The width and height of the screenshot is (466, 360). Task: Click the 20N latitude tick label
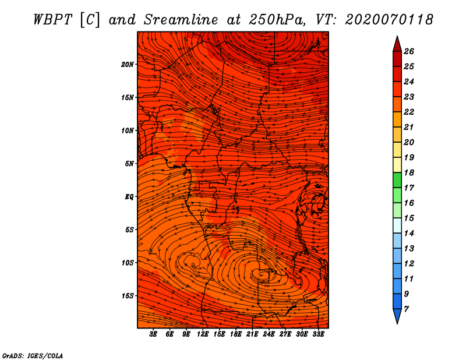[128, 65]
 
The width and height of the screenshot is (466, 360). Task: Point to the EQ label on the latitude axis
[129, 197]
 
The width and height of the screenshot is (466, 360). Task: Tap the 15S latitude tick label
[128, 296]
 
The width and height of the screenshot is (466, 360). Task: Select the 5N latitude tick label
[129, 164]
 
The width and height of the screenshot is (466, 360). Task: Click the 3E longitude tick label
[153, 334]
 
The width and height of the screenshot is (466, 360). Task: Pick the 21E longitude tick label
[252, 334]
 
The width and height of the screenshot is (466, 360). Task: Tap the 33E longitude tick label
[318, 334]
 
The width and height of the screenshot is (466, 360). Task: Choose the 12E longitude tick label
[202, 334]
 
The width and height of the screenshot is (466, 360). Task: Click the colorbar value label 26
[409, 51]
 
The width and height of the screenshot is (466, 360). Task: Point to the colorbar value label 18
[409, 172]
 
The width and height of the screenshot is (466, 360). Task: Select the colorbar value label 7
[406, 309]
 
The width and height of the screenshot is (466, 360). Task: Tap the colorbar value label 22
[409, 112]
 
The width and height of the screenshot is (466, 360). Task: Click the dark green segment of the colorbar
[397, 180]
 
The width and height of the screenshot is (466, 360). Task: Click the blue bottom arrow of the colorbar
[397, 315]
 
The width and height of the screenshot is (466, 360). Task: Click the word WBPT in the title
[52, 20]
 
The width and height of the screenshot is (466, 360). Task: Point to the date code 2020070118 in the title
[389, 20]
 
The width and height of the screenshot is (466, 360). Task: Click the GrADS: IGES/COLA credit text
[33, 355]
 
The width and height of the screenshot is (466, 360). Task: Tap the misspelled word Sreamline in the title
[181, 20]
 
